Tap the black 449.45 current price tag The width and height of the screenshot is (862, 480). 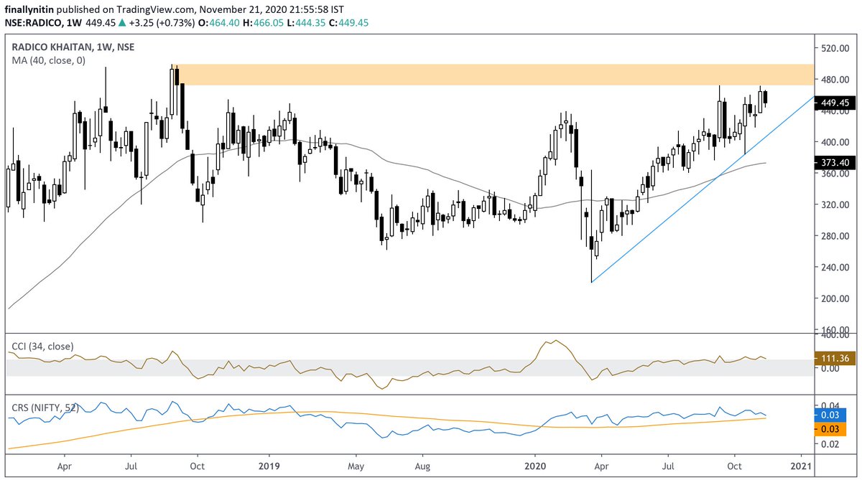tap(836, 103)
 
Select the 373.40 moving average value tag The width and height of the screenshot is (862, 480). tap(836, 163)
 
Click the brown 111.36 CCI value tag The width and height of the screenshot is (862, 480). tap(836, 357)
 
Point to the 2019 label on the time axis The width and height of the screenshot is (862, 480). tap(268, 465)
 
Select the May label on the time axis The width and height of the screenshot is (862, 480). tap(356, 465)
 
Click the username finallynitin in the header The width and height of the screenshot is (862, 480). tap(31, 7)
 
